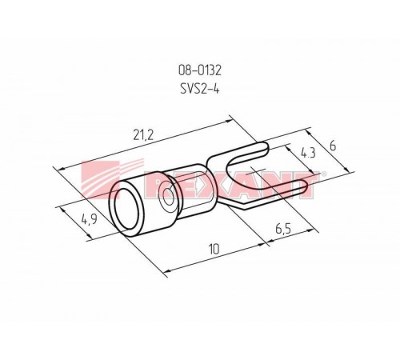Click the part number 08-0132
point(200,70)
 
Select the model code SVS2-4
point(200,89)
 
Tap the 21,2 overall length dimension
point(143,136)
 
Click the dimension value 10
point(214,250)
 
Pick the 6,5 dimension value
point(283,229)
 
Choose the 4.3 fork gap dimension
point(308,154)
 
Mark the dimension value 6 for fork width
point(333,146)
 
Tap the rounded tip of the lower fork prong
point(306,186)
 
